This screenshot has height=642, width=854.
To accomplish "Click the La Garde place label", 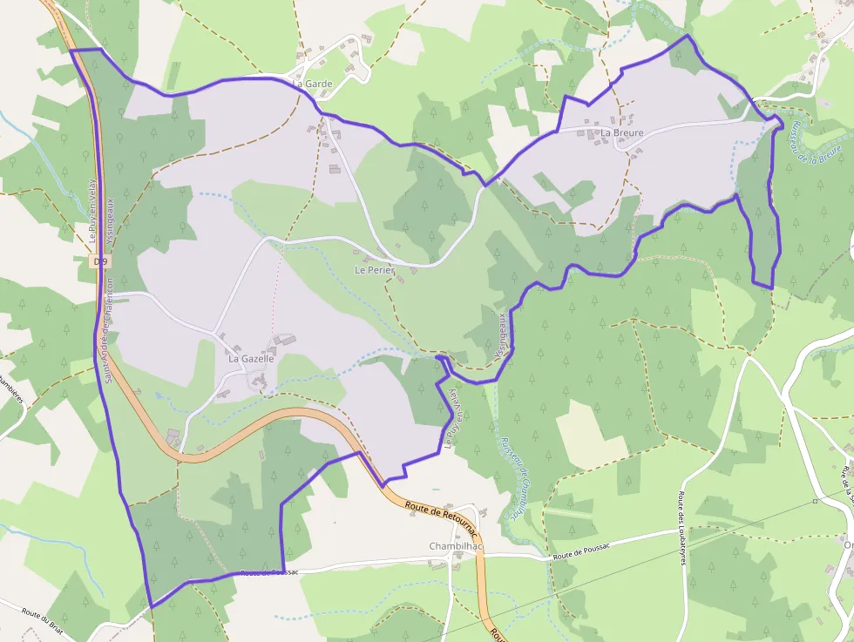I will coord(314,84).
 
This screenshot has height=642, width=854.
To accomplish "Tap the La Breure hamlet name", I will coord(622,133).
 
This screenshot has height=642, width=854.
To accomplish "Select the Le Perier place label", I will coord(375,270).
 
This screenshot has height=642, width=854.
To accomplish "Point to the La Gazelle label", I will coord(251,358).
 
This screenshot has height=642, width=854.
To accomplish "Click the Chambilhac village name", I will coord(456,546).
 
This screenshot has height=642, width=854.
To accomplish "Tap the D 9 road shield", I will coord(101,261).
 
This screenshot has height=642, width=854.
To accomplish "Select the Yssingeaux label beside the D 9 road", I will coord(111,225).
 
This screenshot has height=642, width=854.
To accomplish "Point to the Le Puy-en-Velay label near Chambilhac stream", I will coord(451,420).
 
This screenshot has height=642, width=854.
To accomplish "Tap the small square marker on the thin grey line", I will coord(815,501).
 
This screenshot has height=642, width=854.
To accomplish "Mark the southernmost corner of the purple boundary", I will coord(151,606).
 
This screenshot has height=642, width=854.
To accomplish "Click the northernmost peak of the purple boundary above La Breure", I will coord(687,36).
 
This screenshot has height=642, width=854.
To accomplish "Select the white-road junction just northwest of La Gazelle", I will coord(214,331).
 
